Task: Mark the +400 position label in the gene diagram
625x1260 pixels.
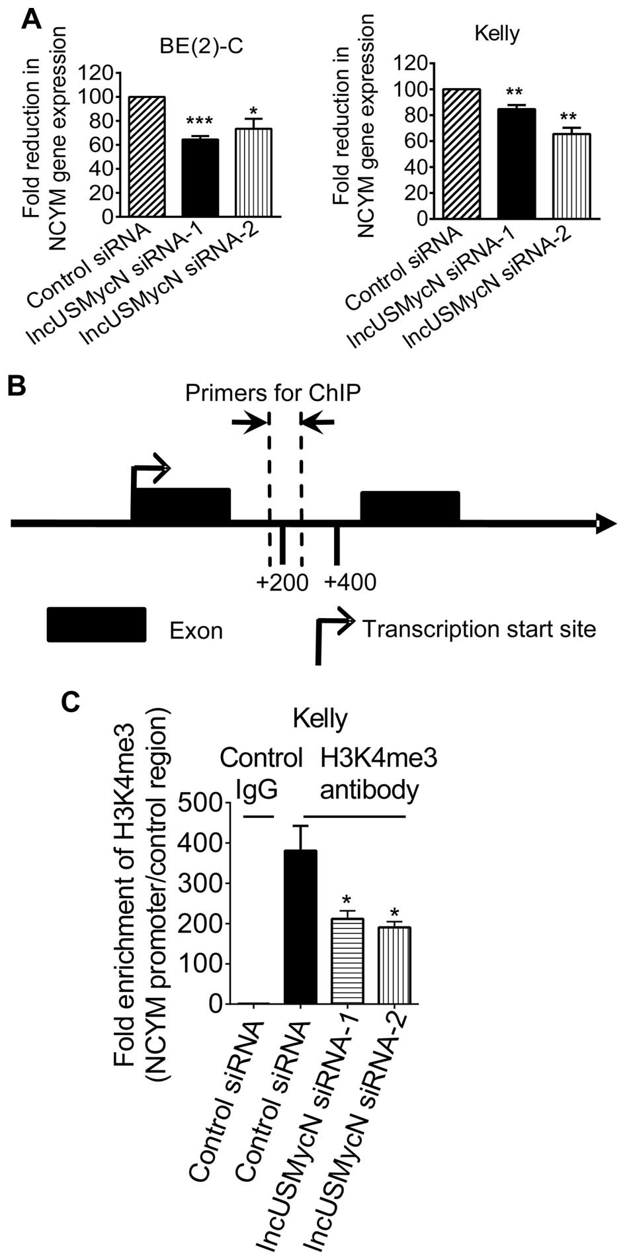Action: tap(351, 583)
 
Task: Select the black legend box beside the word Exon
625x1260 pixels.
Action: tap(97, 624)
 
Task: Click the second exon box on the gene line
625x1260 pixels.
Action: tap(409, 506)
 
